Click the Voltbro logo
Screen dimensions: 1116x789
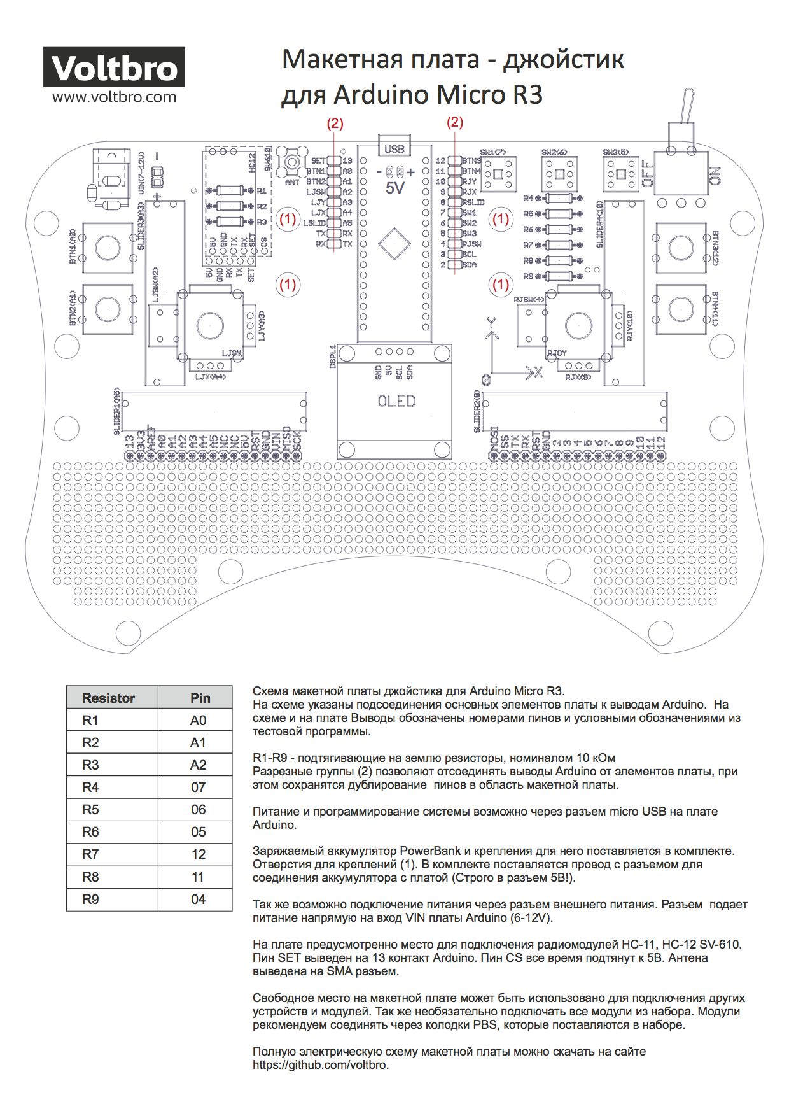[114, 67]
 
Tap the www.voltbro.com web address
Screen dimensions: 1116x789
[114, 97]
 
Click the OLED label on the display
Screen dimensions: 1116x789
[396, 402]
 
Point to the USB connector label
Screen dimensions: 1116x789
[394, 149]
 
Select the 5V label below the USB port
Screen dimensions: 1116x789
[395, 188]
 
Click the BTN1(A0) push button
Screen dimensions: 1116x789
[108, 248]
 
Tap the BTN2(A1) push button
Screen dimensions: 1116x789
[108, 309]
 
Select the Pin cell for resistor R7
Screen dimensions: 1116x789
[198, 854]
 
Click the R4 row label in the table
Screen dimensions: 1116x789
[90, 788]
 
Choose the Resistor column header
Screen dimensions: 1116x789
[109, 698]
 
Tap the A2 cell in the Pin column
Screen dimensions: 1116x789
[198, 765]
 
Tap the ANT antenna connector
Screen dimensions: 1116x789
[292, 162]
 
